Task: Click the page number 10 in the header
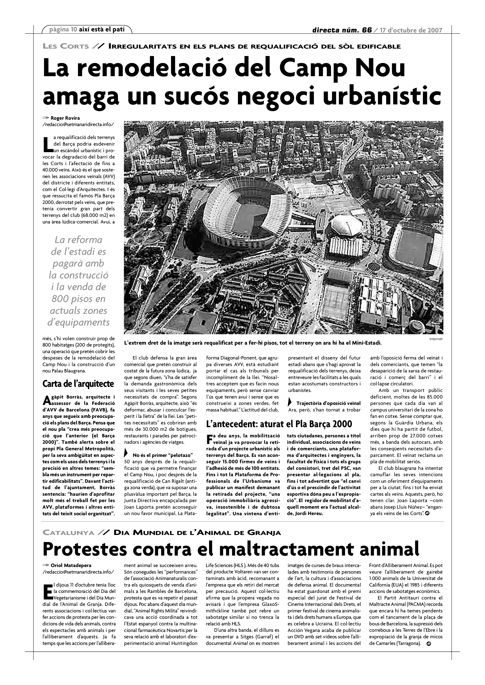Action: click(x=74, y=29)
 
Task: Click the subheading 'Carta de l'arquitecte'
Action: click(x=78, y=384)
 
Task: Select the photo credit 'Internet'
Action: click(x=436, y=339)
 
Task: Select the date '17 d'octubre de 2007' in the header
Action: click(x=411, y=30)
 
